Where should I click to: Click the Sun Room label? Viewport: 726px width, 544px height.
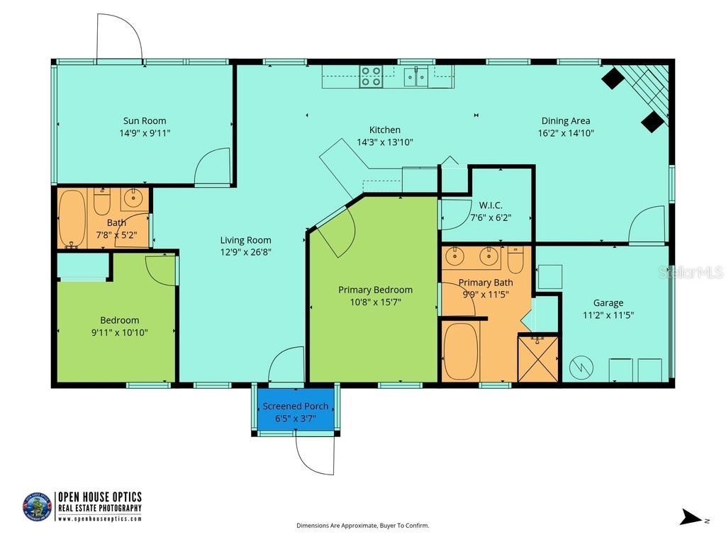[x=145, y=120]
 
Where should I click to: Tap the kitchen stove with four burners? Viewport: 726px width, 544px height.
[x=371, y=76]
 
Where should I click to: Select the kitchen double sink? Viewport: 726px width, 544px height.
[x=416, y=76]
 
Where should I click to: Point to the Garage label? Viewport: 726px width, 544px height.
[x=608, y=303]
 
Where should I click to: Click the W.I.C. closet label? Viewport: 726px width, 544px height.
[x=491, y=205]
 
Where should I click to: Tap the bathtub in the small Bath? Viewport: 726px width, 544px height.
[x=71, y=218]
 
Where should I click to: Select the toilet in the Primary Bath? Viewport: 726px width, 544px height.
[x=515, y=261]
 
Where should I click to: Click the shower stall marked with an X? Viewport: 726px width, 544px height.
[x=539, y=359]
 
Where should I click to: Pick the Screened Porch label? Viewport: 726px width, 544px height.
[x=296, y=406]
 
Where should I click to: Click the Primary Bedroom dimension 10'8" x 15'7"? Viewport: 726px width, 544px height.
[x=375, y=302]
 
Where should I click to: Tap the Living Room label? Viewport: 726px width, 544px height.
[x=245, y=240]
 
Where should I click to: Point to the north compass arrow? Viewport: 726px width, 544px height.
[x=691, y=518]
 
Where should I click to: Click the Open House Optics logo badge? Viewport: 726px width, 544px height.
[x=37, y=507]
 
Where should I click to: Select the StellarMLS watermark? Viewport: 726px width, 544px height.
[x=690, y=272]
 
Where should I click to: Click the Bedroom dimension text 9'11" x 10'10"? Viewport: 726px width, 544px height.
[x=119, y=332]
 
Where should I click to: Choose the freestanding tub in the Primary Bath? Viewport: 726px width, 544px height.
[x=461, y=352]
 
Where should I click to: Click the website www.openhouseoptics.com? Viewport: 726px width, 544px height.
[x=99, y=518]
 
